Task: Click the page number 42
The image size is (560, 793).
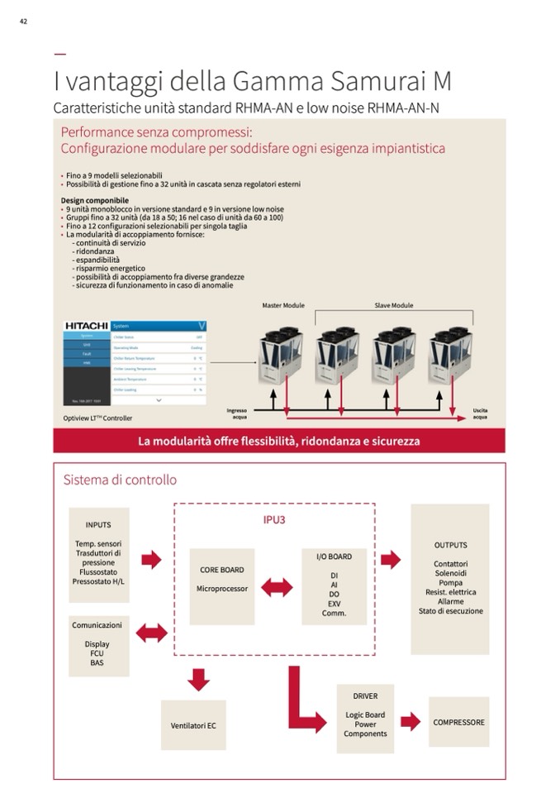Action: pos(23,21)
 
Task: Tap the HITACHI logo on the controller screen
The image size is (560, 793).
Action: pos(86,326)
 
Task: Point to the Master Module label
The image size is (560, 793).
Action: pos(283,306)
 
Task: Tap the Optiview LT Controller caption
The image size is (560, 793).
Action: pos(97,418)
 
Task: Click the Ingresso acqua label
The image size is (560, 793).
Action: pos(236,413)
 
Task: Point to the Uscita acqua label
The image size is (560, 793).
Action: pos(480,413)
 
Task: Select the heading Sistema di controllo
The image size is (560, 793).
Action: pos(120,480)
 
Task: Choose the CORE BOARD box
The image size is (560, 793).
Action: pos(222,586)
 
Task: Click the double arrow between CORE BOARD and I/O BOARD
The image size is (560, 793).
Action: pos(277,587)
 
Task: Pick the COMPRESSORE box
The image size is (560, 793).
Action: pos(459,722)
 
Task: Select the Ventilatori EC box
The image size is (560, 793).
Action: pos(193,725)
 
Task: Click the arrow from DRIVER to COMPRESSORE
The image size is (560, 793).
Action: pos(411,722)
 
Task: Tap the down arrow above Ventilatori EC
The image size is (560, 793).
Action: pos(198,680)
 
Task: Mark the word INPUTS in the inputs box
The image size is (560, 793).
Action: pos(98,524)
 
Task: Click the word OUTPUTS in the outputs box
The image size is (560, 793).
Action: pos(450,545)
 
